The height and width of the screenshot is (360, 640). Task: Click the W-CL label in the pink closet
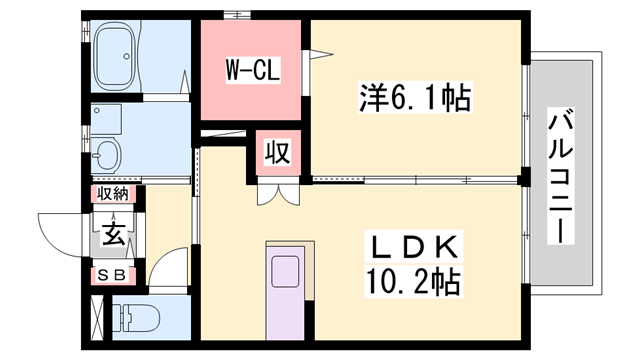click(251, 70)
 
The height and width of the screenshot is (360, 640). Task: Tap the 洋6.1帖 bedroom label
click(415, 98)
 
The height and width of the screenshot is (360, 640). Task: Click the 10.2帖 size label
click(414, 283)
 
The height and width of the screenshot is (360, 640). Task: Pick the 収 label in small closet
click(277, 153)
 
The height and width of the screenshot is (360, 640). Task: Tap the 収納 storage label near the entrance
click(112, 194)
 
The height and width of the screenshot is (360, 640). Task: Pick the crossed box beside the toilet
click(97, 318)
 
